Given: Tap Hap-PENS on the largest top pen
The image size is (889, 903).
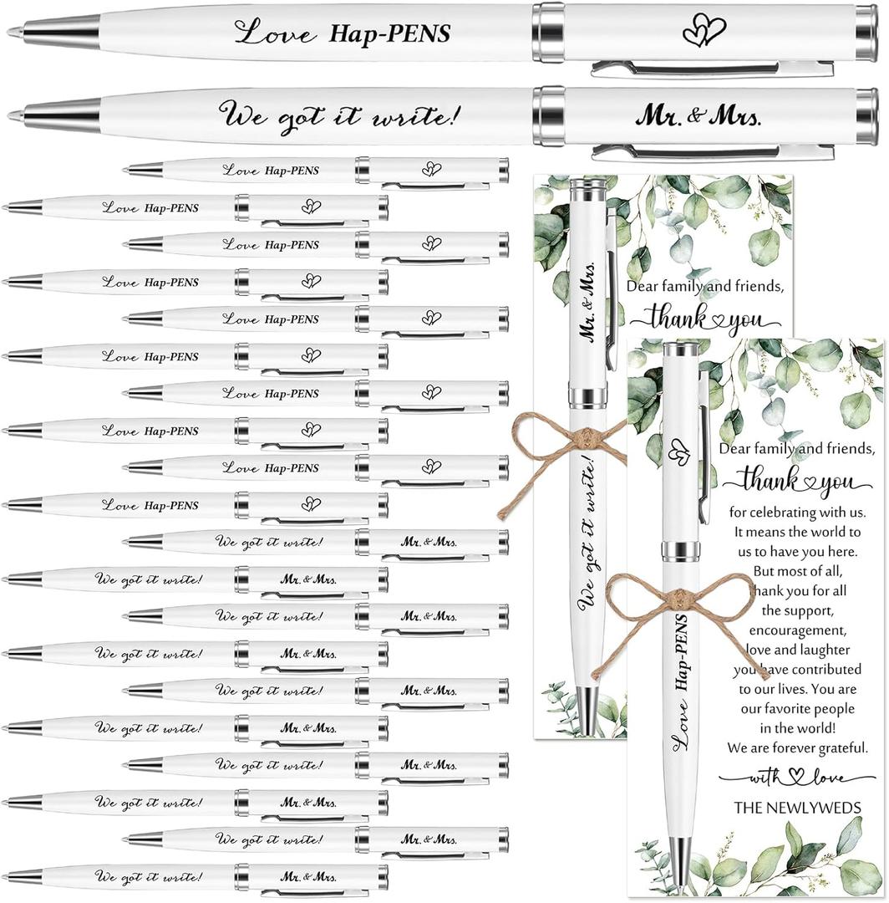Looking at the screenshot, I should (390, 33).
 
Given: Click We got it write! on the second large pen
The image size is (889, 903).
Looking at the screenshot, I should (338, 113).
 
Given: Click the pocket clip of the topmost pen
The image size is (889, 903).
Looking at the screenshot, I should (710, 69).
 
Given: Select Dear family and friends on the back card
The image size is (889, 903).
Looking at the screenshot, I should (706, 287).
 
